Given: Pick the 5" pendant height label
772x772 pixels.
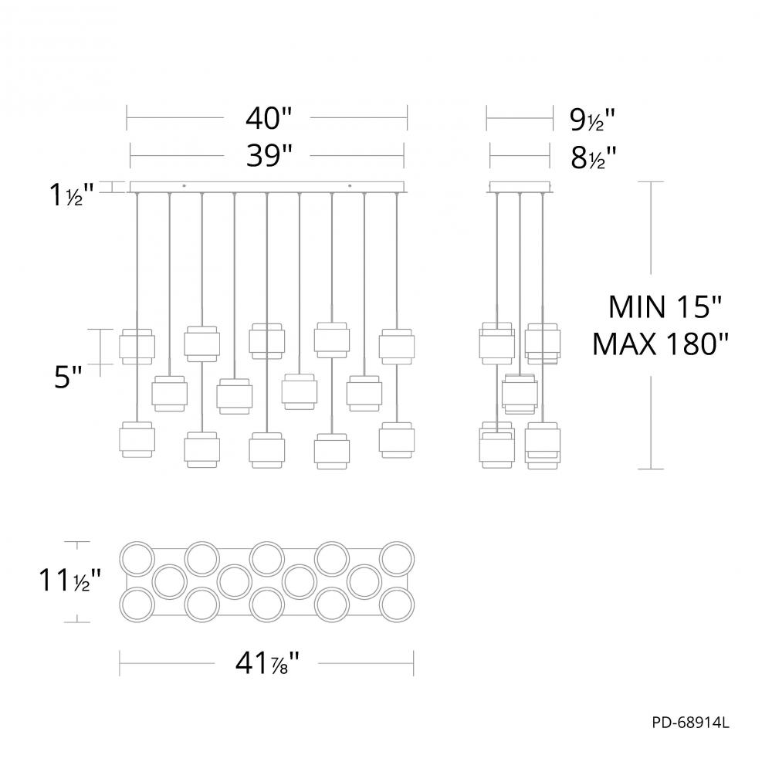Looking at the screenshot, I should (x=68, y=378).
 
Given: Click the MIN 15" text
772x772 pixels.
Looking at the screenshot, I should (x=665, y=307).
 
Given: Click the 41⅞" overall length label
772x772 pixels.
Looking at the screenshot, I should (x=267, y=662).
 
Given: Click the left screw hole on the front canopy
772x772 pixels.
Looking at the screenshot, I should (x=184, y=185).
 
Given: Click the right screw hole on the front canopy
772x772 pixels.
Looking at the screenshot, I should (x=350, y=185).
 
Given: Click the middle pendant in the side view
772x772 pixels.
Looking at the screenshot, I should (x=519, y=391).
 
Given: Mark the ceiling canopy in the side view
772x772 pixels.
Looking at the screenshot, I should (x=520, y=187).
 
